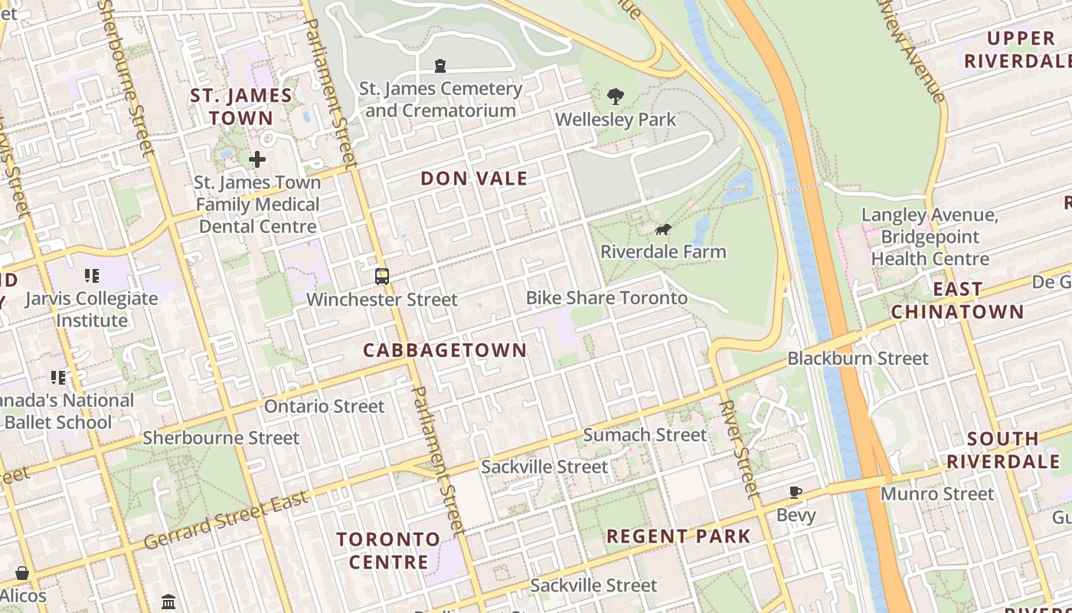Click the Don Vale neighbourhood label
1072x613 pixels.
[474, 179]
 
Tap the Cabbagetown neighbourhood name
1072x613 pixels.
[445, 350]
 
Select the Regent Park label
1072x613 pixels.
[678, 536]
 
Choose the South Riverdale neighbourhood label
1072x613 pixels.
[1003, 451]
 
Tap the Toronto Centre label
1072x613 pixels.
[388, 550]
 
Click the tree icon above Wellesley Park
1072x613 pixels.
[615, 97]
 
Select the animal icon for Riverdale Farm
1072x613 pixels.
[663, 229]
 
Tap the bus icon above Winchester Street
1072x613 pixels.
[382, 277]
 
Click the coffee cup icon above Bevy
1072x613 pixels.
[796, 492]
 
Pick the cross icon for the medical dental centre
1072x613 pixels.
[257, 159]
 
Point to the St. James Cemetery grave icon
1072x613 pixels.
[440, 66]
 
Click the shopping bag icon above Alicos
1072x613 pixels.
[22, 573]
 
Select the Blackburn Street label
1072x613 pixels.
[858, 358]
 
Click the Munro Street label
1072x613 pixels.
[936, 493]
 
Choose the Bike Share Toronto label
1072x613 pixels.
[606, 297]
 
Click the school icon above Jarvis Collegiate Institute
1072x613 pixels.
[92, 276]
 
